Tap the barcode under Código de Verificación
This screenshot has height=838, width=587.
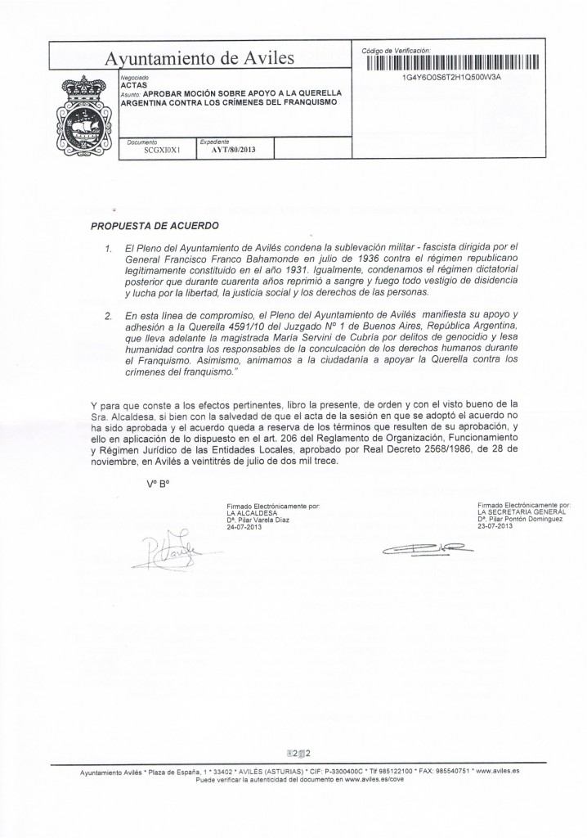(451, 62)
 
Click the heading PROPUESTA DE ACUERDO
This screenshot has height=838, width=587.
(155, 223)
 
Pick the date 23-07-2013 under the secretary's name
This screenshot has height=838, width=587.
(497, 526)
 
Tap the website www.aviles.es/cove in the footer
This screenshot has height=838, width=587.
(374, 781)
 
